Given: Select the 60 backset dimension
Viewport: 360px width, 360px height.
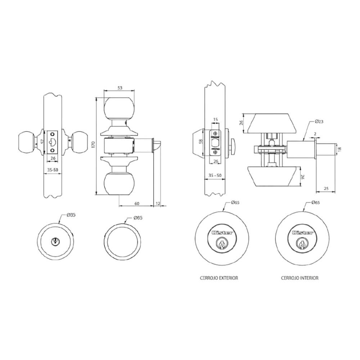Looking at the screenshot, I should (x=137, y=203).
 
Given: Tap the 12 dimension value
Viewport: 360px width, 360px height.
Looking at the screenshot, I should (x=157, y=203).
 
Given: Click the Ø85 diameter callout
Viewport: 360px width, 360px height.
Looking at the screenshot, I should (x=71, y=215).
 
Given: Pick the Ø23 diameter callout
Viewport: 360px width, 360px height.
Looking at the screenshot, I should (x=318, y=121).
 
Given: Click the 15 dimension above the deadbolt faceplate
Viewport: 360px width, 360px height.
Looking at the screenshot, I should (x=216, y=120).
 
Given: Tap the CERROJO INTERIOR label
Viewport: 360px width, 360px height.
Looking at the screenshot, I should (x=300, y=278).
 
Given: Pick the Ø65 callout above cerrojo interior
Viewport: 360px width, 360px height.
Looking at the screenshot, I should (x=316, y=203).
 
